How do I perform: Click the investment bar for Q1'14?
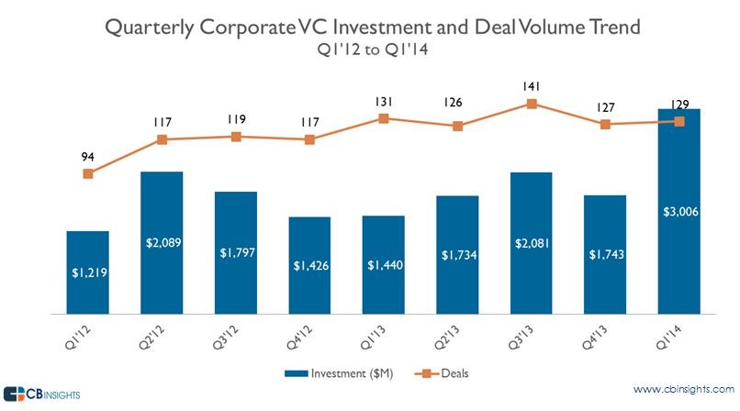(679, 220)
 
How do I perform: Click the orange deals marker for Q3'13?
(532, 104)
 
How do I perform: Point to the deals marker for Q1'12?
(88, 173)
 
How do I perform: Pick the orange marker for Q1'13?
(384, 118)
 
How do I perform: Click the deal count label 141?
(532, 86)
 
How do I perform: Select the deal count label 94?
(88, 156)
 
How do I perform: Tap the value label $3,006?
(679, 213)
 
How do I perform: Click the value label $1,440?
(384, 266)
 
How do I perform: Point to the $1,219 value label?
(88, 273)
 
